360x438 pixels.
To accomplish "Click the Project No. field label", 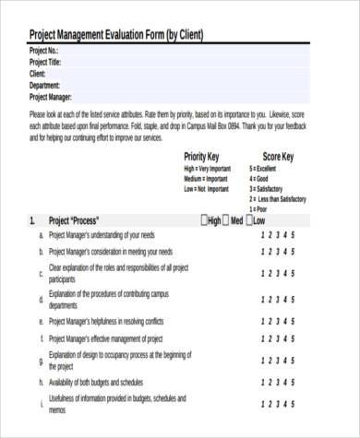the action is coord(44,52).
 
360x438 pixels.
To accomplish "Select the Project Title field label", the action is coord(47,63).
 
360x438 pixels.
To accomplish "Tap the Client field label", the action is coord(38,74).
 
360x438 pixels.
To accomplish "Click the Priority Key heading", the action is coord(202,157).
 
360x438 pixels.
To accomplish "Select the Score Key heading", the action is coord(278,157).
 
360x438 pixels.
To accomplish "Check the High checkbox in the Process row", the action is coord(205,221).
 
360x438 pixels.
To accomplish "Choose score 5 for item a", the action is coord(293,235).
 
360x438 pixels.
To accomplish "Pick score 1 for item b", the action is coord(263,251).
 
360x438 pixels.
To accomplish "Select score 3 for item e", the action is coord(278,322).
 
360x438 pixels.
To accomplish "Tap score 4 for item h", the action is coord(285,382).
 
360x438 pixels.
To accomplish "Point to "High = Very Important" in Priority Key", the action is coord(209,169).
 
